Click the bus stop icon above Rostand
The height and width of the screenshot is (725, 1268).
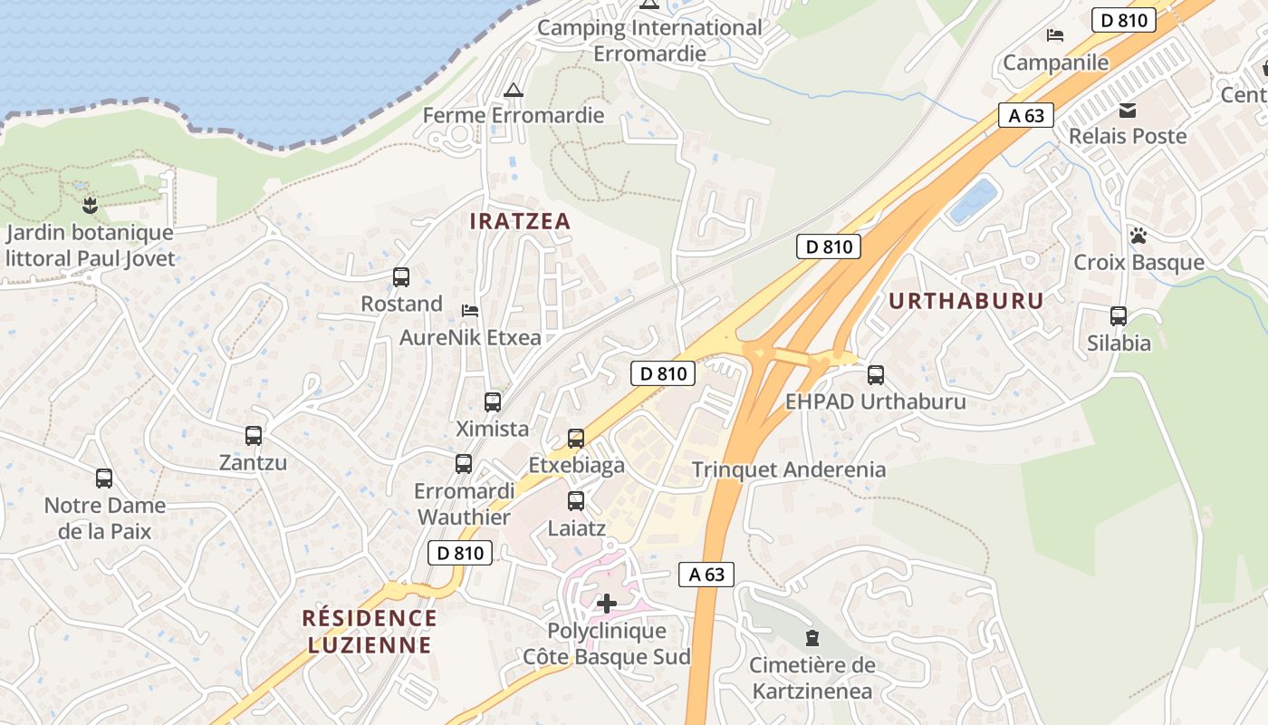401,277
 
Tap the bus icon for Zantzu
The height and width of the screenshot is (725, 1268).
254,436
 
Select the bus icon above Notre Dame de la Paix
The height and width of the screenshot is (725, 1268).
104,478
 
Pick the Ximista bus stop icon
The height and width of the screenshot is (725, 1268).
493,401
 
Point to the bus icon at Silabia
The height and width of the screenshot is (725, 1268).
1119,316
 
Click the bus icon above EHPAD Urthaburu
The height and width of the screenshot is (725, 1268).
875,374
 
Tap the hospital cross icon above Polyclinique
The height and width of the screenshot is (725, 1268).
607,604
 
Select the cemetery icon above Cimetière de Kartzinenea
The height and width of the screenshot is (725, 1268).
812,639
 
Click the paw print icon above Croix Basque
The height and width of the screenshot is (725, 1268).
1138,236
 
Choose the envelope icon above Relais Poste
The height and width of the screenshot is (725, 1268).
1128,110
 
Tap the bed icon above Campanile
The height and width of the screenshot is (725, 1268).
1055,35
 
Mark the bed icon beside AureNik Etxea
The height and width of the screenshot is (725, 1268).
470,311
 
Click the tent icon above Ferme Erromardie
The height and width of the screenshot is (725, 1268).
514,90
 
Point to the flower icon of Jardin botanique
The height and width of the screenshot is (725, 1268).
90,205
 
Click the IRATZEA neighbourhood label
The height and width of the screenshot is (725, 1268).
520,221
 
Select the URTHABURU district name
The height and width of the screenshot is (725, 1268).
966,301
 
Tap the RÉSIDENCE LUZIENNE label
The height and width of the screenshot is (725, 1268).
370,632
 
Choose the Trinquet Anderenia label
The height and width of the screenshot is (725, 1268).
789,469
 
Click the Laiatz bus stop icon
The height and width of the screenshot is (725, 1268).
576,500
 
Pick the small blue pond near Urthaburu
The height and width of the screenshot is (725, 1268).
974,200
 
